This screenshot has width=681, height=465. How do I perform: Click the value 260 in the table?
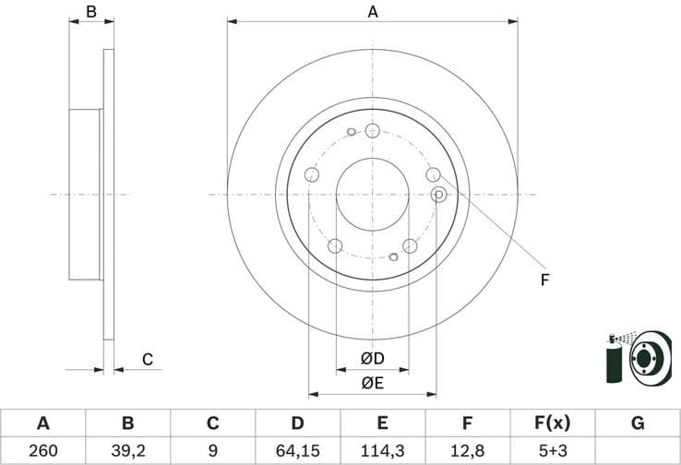tap(42, 450)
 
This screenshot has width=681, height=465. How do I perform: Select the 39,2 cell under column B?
tap(127, 450)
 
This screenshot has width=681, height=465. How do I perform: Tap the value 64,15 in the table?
tap(297, 450)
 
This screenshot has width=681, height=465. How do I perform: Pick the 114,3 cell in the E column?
tap(382, 450)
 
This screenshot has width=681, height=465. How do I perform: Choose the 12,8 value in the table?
tap(468, 450)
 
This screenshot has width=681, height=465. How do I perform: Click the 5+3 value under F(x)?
tap(553, 450)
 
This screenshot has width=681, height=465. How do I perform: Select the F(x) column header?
tap(553, 423)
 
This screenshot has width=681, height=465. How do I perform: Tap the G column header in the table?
tap(638, 423)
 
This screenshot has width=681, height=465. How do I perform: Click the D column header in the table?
tap(297, 423)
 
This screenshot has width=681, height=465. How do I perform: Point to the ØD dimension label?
tap(372, 357)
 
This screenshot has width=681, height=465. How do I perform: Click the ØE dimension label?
tap(372, 381)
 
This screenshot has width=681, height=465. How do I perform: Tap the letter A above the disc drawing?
tap(373, 12)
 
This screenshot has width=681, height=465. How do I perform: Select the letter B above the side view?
tap(90, 12)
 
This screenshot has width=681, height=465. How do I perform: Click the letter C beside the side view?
tap(146, 359)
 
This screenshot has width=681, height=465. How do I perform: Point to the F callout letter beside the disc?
tap(544, 280)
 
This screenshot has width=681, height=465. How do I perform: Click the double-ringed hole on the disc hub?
tap(439, 194)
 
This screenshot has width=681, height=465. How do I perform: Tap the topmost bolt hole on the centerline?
tap(372, 130)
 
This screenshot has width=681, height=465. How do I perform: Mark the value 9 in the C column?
tap(212, 450)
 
